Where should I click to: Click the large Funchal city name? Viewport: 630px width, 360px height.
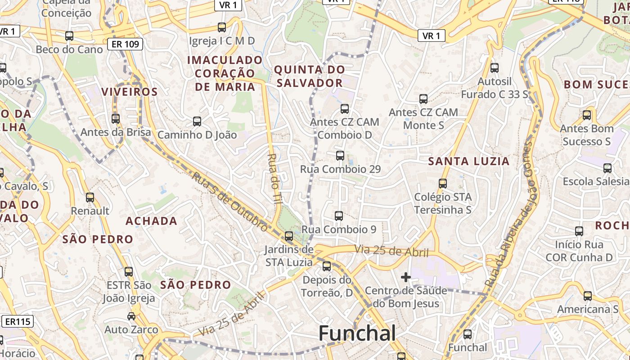[x=357, y=333]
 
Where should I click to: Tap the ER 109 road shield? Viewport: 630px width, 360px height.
[x=125, y=44]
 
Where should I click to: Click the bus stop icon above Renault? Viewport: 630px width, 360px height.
[x=90, y=197]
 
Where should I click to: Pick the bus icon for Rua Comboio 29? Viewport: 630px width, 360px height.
[x=340, y=156]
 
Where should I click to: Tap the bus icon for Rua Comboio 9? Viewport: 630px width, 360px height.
[x=339, y=216]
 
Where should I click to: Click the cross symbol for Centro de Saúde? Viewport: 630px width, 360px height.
[x=405, y=277]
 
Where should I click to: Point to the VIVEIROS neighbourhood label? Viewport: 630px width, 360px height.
[x=130, y=92]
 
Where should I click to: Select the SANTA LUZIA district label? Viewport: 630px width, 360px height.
[x=468, y=161]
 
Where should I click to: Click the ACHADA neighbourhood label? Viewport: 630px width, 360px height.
[x=151, y=221]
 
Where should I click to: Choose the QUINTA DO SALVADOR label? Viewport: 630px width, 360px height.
[x=310, y=76]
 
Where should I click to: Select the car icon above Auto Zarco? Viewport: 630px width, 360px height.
[x=131, y=316]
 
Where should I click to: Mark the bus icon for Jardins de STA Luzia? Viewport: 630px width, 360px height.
[x=289, y=236]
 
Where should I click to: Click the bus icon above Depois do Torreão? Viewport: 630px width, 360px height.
[x=327, y=266]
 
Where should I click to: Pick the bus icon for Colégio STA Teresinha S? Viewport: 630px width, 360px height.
[x=443, y=184]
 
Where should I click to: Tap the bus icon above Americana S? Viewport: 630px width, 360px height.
[x=588, y=296]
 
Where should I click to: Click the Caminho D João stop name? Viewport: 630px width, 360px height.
[x=197, y=135]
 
